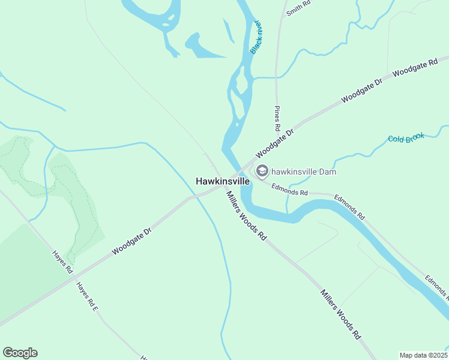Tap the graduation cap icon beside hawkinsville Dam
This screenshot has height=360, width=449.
262,172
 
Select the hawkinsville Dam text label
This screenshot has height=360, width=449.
303,172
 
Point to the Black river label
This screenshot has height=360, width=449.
256,37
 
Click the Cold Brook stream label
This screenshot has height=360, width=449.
406,138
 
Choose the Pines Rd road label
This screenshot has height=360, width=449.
277,118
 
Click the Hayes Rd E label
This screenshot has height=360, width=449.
86,296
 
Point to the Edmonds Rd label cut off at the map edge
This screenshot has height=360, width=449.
436,287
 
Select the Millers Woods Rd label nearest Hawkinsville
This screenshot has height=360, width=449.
246,215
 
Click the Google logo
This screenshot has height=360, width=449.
20,353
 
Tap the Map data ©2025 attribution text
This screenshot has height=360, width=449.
423,355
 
